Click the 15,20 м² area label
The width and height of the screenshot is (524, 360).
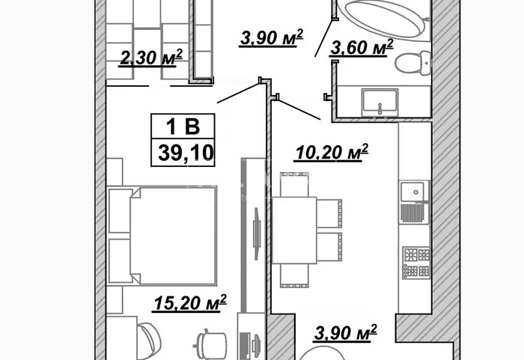(x=190, y=303)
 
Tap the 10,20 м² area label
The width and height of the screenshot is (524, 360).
(x=332, y=153)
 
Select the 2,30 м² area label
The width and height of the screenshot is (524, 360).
(x=151, y=58)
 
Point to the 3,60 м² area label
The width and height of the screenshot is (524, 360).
(x=362, y=47)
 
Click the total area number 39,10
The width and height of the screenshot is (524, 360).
(x=186, y=153)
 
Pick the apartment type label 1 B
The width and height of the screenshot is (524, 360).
(x=183, y=126)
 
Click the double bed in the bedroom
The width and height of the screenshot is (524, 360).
(x=162, y=236)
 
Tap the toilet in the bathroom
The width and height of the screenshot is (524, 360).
(x=413, y=63)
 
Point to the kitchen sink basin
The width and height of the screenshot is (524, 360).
(x=414, y=192)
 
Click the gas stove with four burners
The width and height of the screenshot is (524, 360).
(x=416, y=263)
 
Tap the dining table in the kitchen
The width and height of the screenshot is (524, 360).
(x=294, y=230)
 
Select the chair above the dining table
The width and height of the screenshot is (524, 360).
(x=294, y=185)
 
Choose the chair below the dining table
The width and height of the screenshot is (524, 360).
(x=294, y=275)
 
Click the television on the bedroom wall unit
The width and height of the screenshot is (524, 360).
(x=256, y=234)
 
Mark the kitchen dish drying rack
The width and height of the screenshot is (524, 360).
(x=415, y=213)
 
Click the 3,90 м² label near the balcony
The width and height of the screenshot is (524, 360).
(x=346, y=332)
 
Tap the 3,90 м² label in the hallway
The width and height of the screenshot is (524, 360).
(x=271, y=37)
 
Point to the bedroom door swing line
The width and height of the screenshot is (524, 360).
(x=239, y=93)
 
